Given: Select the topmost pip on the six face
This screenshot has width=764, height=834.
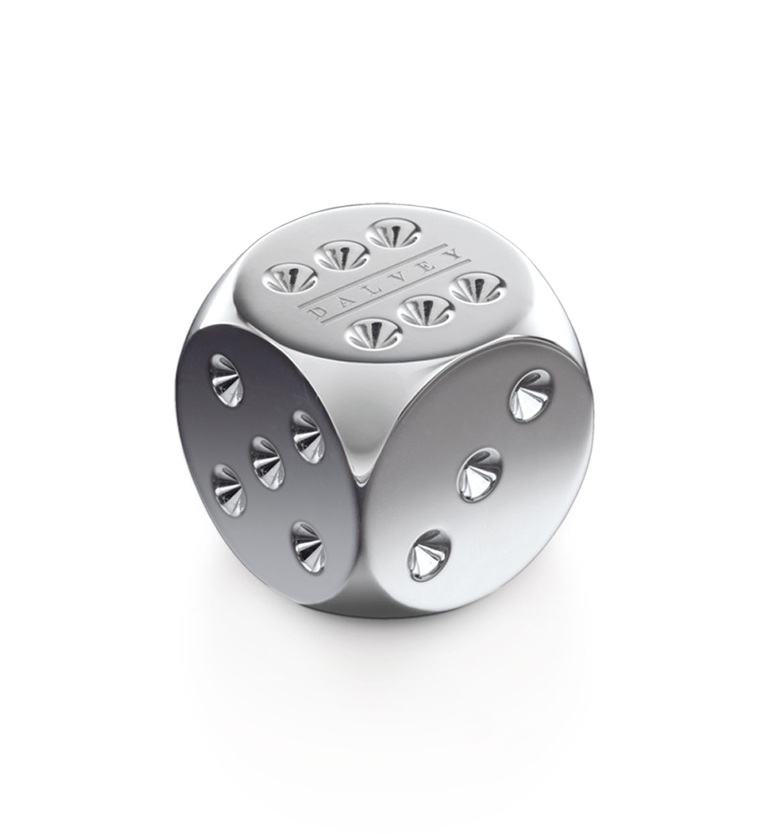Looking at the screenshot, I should pos(393,234).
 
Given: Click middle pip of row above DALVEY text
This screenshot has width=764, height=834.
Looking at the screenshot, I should pos(338,254).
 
